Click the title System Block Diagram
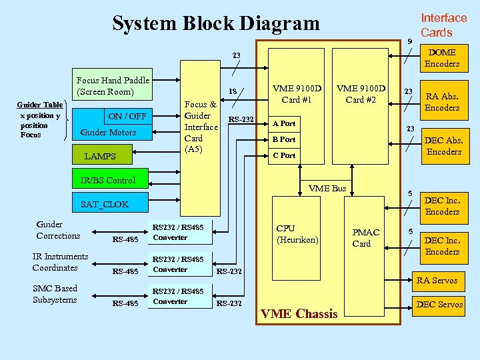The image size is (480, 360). tap(215, 23)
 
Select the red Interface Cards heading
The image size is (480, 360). tap(443, 25)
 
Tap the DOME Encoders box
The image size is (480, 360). tap(442, 58)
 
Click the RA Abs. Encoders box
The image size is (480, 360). tap(442, 101)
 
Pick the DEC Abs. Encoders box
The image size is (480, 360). tap(443, 145)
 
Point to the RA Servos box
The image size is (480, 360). tap(437, 280)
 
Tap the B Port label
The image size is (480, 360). tap(283, 139)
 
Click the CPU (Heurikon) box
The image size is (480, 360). tap(297, 234)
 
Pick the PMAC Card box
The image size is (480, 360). tap(365, 237)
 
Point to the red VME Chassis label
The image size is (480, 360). tap(299, 313)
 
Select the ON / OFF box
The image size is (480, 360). tap(127, 116)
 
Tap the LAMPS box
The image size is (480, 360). tap(100, 156)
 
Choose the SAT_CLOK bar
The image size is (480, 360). tap(104, 204)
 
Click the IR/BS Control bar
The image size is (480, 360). tap(107, 180)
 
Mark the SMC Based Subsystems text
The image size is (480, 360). tap(55, 294)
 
